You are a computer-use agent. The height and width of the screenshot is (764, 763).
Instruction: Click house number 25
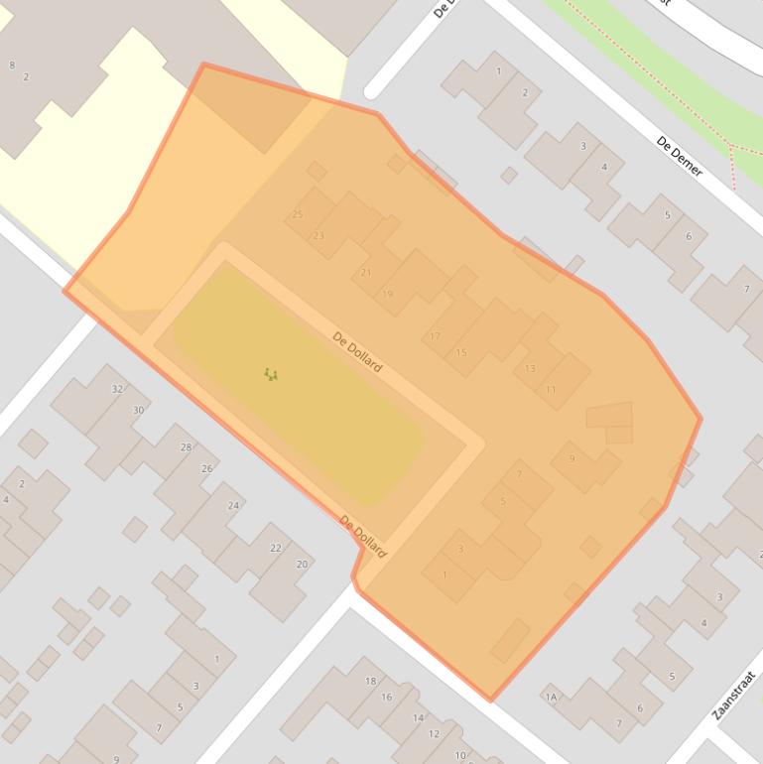point(298,214)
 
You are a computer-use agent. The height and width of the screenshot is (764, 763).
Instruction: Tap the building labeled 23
point(318,236)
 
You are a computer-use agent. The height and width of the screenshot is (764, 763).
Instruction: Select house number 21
point(366,273)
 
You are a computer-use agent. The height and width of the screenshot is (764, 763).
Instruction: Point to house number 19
point(387,294)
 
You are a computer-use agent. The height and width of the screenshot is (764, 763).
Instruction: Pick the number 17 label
point(435,337)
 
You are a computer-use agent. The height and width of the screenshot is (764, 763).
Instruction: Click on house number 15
point(460,352)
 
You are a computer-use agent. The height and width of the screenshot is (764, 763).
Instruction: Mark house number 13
point(530,368)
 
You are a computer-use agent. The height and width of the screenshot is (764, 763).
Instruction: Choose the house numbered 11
point(551,390)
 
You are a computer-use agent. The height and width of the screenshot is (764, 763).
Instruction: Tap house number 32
point(117,389)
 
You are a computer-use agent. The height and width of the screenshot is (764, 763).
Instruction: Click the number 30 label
point(139,410)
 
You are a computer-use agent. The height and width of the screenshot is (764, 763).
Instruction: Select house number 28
point(186,447)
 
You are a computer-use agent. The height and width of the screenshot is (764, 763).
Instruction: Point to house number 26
point(207,468)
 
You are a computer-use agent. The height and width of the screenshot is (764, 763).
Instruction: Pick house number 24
point(233,505)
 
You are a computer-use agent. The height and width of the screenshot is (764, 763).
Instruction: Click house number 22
point(276,548)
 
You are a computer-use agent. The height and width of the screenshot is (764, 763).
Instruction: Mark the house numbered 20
point(302,564)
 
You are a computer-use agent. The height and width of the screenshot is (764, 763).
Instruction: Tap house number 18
point(371,682)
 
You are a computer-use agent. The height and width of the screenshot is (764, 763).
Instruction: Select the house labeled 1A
point(551,698)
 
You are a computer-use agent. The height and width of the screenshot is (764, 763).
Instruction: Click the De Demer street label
point(680,156)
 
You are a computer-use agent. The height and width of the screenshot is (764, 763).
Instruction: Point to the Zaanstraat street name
point(734,696)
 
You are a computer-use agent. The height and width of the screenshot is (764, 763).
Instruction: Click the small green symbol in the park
point(271,374)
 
